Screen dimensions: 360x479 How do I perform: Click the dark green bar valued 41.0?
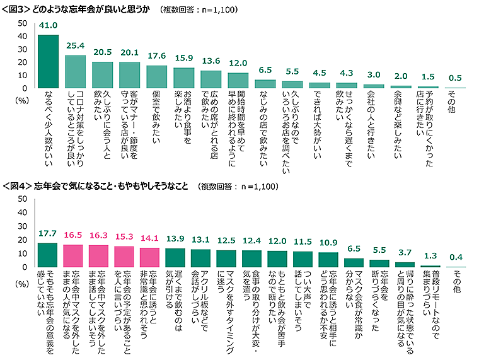48,61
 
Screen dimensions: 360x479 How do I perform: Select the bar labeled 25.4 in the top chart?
75,72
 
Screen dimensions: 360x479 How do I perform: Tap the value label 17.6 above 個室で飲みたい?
156,56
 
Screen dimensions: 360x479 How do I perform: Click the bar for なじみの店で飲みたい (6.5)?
265,84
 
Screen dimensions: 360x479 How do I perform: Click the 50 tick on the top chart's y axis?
21,23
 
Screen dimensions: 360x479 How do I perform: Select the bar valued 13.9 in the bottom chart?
175,258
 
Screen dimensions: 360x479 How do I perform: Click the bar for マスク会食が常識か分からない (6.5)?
354,263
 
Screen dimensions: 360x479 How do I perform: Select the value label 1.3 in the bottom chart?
430,256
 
